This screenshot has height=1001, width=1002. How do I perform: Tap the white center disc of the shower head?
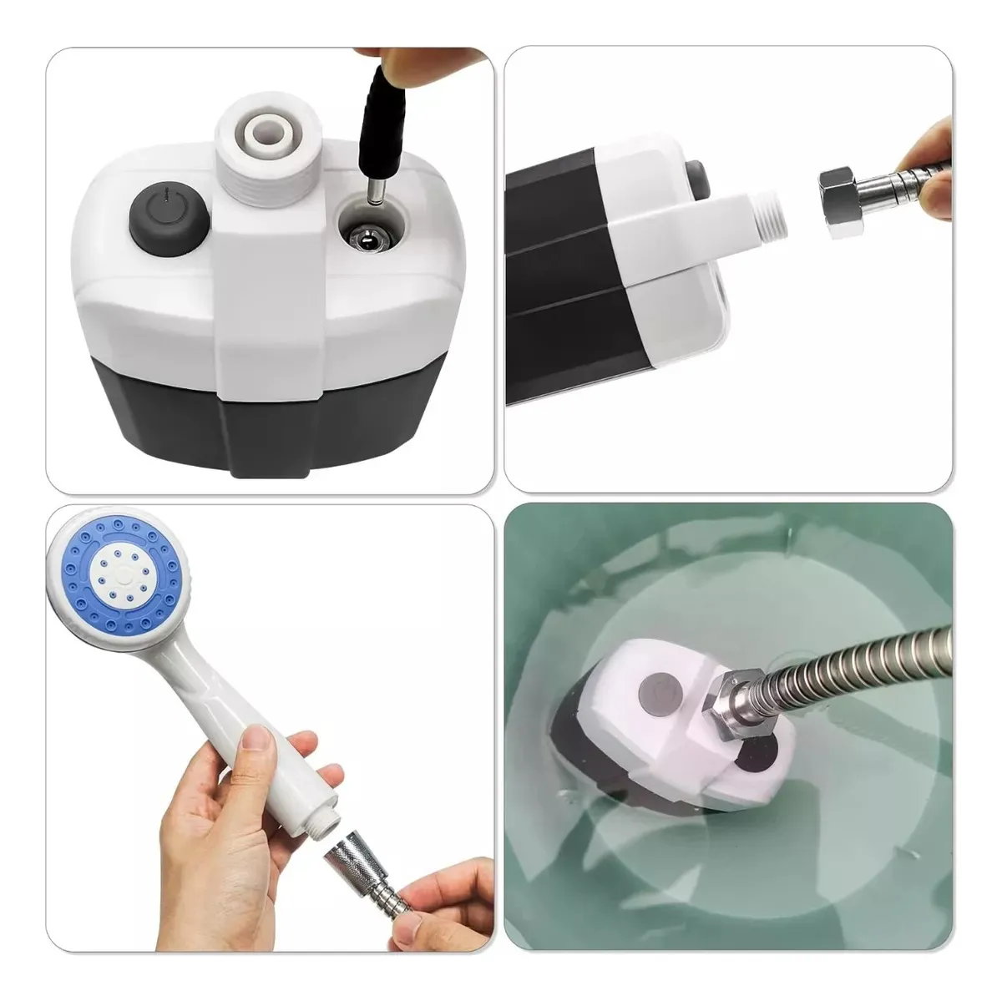125,577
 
